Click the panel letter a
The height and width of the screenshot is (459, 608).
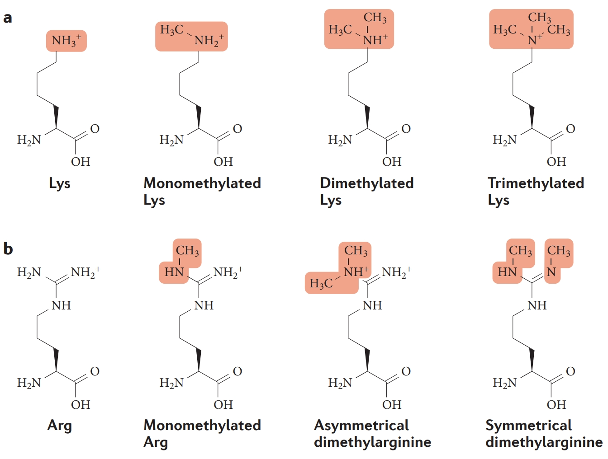(7, 18)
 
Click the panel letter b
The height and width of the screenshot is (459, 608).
(8, 248)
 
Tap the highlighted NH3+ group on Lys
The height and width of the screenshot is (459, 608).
(66, 41)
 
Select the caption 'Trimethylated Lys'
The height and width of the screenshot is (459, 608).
(536, 191)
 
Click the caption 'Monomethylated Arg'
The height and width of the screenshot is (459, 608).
(202, 433)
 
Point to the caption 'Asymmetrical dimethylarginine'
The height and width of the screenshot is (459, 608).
(372, 433)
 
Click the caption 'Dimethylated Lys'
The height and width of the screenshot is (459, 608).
(366, 191)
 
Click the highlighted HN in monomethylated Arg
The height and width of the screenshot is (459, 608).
(174, 272)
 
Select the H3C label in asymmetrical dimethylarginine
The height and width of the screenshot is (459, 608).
(321, 284)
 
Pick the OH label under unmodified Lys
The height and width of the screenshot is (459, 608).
(81, 162)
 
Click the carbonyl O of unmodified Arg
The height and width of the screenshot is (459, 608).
(95, 371)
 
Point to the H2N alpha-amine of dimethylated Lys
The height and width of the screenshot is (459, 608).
(340, 140)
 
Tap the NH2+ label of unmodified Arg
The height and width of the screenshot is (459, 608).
(85, 272)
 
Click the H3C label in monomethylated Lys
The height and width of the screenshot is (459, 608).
(171, 30)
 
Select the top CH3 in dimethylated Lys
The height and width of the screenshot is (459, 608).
(375, 18)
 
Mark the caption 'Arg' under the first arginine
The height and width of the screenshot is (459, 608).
(60, 426)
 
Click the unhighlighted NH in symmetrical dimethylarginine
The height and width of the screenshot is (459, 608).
(537, 305)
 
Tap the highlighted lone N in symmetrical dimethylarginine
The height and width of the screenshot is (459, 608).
(551, 272)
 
